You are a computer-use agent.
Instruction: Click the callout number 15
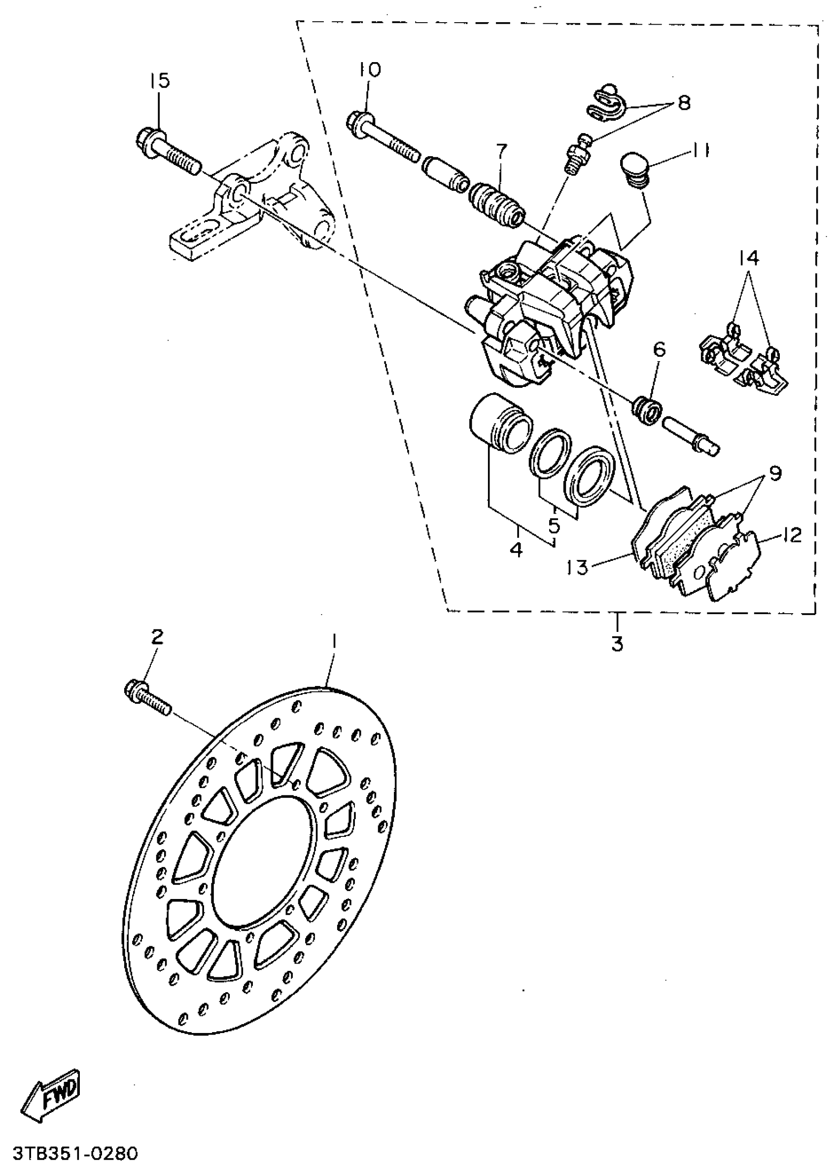(160, 81)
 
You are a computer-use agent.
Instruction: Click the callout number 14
(749, 257)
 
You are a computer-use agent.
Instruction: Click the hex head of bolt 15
(146, 139)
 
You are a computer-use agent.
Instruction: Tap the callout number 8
(684, 103)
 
